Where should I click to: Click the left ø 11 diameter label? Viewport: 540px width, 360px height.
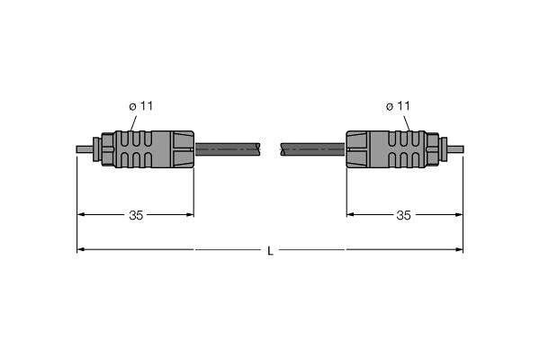(141, 106)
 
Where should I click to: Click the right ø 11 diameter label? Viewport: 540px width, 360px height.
(398, 106)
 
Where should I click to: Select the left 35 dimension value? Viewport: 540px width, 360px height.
(136, 215)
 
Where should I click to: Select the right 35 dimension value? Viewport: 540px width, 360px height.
(403, 215)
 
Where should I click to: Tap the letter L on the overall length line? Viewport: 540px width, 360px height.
(270, 251)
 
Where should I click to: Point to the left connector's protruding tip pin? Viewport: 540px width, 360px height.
(85, 149)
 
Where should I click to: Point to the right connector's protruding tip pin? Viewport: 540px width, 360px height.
(455, 149)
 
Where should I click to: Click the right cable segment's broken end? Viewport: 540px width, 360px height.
(283, 149)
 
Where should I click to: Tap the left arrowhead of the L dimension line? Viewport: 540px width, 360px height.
(81, 249)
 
